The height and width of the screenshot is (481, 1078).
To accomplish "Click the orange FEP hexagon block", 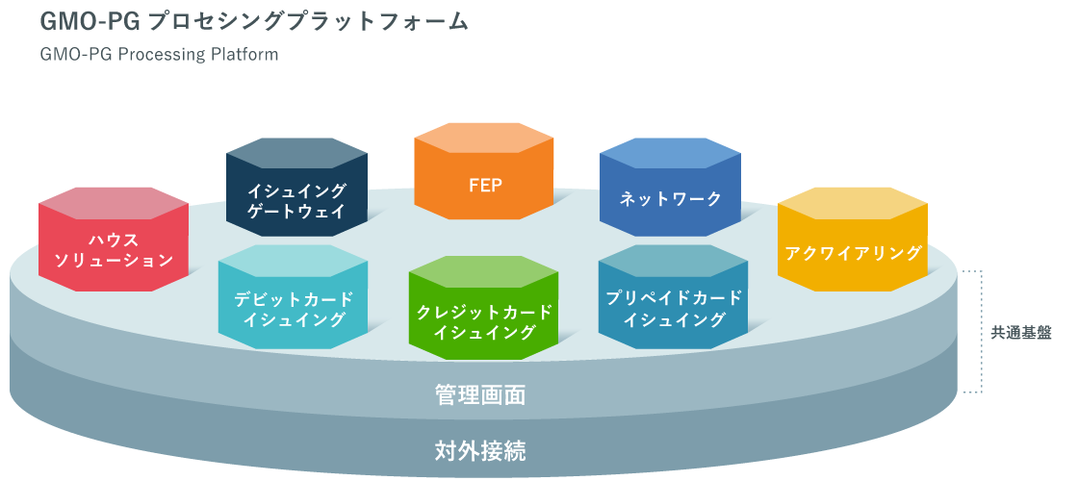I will point(484,186).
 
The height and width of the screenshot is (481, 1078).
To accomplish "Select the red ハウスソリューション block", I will point(114,249).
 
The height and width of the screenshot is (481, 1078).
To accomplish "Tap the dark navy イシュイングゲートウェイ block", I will point(296,201).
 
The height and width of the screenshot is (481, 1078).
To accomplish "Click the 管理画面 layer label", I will point(478,395).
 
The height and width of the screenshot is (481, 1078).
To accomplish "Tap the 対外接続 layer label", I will point(478,448).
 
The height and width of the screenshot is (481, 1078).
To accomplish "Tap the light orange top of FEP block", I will point(484,139).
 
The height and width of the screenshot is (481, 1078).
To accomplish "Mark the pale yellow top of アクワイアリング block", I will point(852,204).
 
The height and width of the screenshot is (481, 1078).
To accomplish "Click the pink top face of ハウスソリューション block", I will point(114,203).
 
